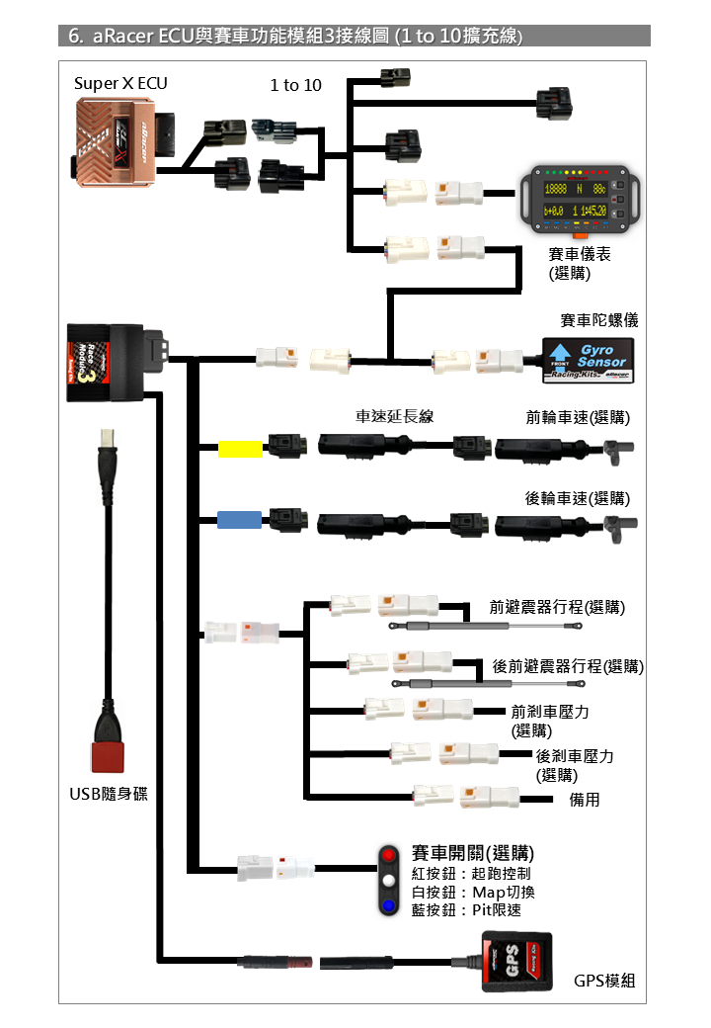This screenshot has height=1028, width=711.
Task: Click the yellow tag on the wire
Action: [240, 450]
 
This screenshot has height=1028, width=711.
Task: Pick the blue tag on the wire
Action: [240, 519]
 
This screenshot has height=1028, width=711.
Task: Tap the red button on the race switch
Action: [390, 855]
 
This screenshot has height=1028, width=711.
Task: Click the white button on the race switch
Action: [390, 880]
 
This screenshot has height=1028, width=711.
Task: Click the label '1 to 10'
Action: [295, 85]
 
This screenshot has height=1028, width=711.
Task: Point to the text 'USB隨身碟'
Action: [109, 793]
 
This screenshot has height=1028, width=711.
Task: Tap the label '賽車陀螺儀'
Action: [599, 320]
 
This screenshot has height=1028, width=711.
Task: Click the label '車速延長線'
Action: [395, 416]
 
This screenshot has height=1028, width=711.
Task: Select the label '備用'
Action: [585, 799]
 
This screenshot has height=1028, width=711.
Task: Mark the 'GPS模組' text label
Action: [604, 981]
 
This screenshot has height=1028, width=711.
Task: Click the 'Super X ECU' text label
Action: [120, 83]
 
